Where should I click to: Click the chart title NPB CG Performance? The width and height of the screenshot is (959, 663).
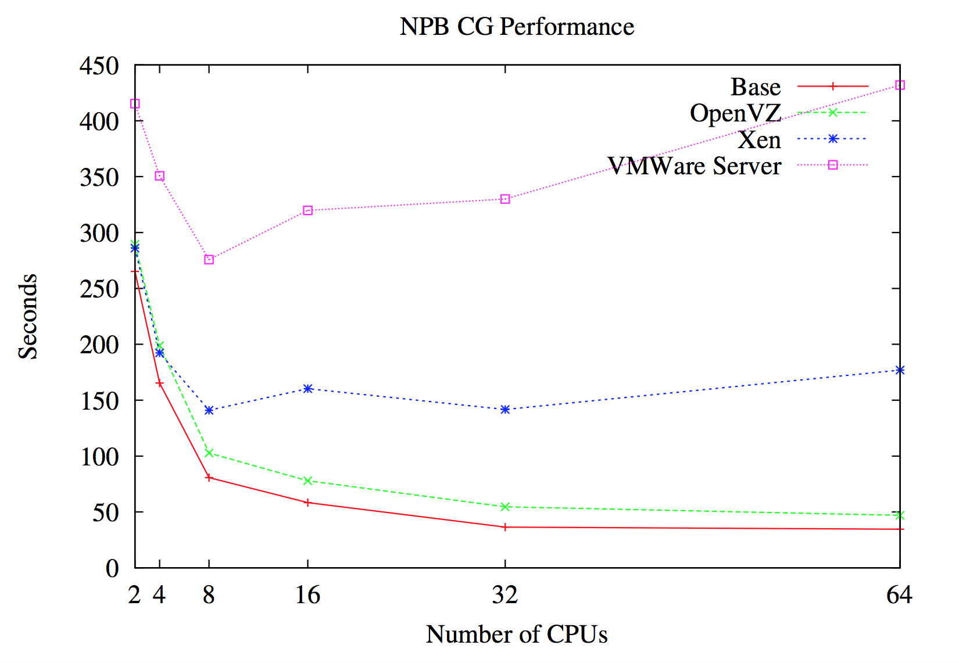517,27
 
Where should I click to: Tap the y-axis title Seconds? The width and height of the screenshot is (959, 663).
28,317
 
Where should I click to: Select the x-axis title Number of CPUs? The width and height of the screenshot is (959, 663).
517,634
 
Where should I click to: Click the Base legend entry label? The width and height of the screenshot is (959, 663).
755,87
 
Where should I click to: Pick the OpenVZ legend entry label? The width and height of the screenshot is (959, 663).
735,113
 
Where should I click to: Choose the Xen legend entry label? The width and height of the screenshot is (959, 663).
759,139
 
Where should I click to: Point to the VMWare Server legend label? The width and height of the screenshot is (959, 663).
695,166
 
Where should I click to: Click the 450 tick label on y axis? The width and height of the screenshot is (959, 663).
99,66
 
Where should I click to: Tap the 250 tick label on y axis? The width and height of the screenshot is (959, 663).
99,289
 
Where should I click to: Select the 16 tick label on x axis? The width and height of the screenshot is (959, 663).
307,595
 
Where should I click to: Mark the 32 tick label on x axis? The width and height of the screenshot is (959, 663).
505,595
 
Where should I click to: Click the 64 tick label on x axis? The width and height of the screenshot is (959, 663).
899,595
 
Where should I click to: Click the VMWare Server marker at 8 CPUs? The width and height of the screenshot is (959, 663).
209,260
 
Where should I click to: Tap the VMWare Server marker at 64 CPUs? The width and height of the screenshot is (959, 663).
900,85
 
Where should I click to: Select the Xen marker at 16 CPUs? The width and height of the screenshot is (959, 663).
308,388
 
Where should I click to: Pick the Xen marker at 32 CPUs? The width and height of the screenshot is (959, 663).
505,410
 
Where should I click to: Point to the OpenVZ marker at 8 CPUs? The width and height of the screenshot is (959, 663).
209,453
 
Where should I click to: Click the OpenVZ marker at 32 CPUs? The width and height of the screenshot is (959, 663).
505,507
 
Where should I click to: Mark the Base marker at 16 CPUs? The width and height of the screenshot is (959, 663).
308,503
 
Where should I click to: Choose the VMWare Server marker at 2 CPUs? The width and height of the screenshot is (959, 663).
135,104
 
